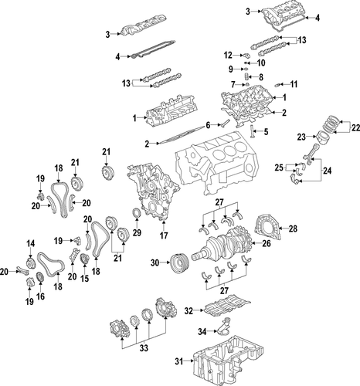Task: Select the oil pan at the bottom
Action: [231, 362]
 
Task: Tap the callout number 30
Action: [154, 263]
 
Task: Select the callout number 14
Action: [31, 244]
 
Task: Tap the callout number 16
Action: [40, 296]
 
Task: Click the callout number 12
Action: [228, 55]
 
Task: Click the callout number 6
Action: [207, 124]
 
